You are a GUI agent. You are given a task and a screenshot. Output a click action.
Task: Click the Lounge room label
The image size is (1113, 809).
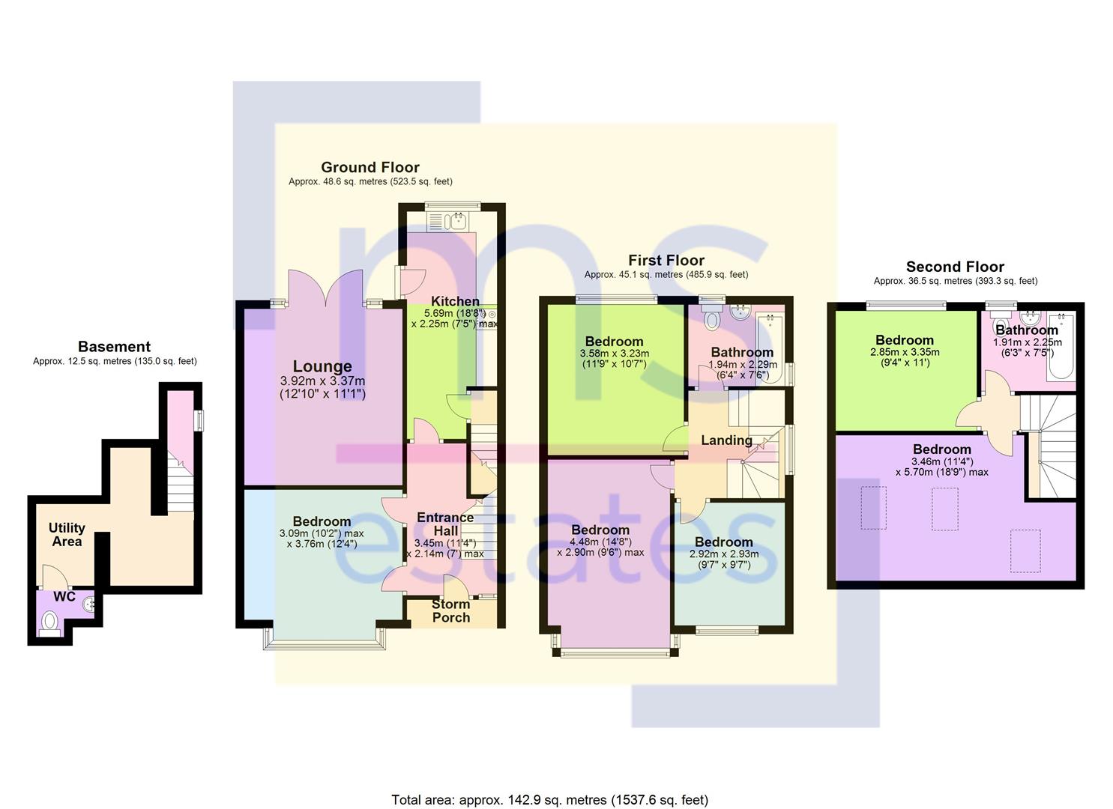pos(322,366)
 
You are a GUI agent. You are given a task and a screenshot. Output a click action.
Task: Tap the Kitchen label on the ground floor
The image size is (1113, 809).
pos(455,301)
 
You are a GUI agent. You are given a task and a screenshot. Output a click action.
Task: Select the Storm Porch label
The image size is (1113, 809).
pos(451,610)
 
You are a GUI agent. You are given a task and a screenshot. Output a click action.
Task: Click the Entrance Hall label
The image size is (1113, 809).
pos(445,524)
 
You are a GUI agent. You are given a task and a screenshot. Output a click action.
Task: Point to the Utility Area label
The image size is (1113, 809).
pos(67,534)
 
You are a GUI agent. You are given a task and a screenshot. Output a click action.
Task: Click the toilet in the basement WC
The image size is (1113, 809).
pos(50,621)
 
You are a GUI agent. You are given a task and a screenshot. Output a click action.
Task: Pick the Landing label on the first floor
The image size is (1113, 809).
pos(726,440)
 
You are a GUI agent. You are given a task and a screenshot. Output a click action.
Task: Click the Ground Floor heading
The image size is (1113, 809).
pos(370,167)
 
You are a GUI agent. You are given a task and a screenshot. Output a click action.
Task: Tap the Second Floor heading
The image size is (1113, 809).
pos(955,267)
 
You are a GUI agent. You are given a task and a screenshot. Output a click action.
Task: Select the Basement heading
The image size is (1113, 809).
pos(114,347)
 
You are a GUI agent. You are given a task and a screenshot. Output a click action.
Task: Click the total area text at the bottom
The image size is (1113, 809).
pos(549,800)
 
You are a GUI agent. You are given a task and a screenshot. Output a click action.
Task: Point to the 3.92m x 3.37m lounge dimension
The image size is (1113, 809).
pos(322,381)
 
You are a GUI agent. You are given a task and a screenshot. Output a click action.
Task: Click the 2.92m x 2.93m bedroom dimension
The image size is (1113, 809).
pos(723,554)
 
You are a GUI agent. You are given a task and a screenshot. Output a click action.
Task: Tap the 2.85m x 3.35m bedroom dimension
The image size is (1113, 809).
pos(905,352)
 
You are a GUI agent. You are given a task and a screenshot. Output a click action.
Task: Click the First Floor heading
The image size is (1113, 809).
pos(666,260)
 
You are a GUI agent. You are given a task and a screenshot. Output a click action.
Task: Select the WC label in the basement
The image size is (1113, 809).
pos(64,597)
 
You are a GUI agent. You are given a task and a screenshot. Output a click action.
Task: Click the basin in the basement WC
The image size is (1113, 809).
pos(90,603)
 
